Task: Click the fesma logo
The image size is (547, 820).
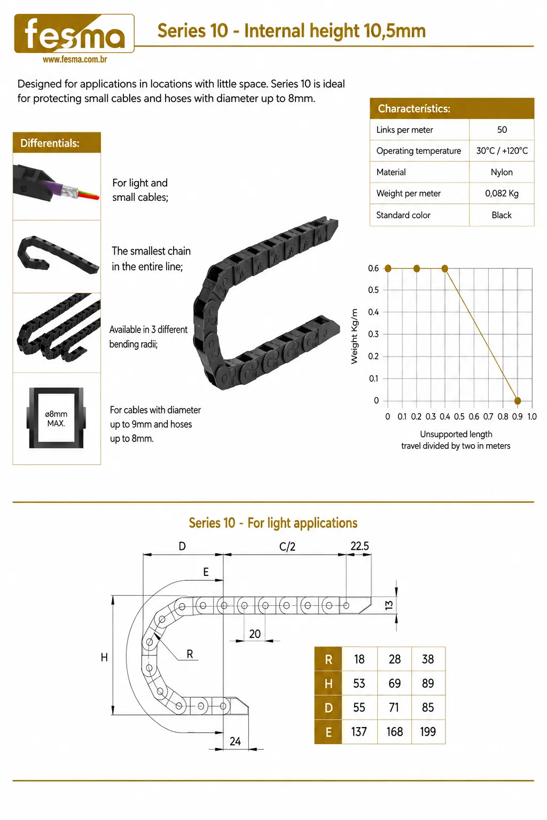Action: pyautogui.click(x=74, y=33)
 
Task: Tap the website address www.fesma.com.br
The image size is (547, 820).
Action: pyautogui.click(x=75, y=59)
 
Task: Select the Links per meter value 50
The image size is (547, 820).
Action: pyautogui.click(x=502, y=130)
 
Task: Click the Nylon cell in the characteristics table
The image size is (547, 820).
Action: pyautogui.click(x=502, y=172)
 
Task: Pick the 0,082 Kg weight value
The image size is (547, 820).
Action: pyautogui.click(x=502, y=193)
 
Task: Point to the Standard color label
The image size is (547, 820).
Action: pyautogui.click(x=403, y=215)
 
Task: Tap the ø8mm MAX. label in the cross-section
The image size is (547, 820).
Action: pyautogui.click(x=56, y=419)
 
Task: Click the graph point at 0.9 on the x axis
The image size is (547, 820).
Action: pyautogui.click(x=517, y=400)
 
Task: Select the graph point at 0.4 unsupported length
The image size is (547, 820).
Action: pyautogui.click(x=445, y=269)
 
